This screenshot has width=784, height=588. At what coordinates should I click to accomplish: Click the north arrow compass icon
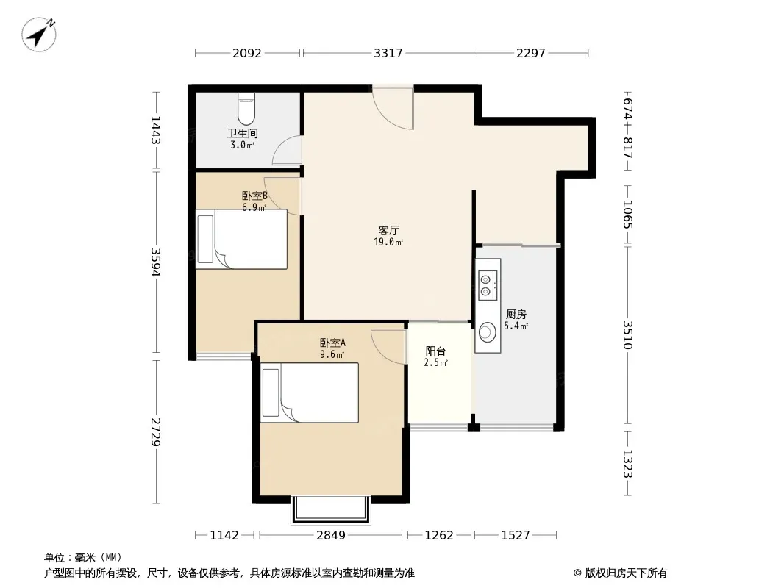click(x=38, y=35)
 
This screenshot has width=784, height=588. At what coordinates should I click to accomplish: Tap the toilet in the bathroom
click(x=246, y=108)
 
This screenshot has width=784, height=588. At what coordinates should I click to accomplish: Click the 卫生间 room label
click(x=243, y=133)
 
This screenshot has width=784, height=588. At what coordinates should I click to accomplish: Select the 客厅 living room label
click(x=388, y=230)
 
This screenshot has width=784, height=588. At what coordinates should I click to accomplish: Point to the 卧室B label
click(x=254, y=196)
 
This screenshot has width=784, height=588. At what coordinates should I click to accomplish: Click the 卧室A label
click(x=332, y=343)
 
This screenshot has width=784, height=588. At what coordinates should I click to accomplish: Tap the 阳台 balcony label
click(x=435, y=351)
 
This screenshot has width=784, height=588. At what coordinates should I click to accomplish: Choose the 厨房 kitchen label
click(x=516, y=315)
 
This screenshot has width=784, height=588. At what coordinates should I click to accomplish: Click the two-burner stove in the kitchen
click(x=488, y=284)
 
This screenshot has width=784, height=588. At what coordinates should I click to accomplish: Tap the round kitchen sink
click(x=487, y=331)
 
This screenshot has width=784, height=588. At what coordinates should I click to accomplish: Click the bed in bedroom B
click(x=241, y=240)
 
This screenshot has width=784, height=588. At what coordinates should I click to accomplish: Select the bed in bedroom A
click(x=310, y=392)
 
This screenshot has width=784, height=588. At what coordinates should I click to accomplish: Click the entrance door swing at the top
click(x=393, y=108)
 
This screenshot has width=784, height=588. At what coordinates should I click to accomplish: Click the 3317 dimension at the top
click(x=388, y=52)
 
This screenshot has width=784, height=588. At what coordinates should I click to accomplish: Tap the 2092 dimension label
click(x=247, y=52)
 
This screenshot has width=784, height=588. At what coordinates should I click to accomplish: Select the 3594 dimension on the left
click(x=155, y=262)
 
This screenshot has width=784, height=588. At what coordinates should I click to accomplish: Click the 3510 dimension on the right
click(x=627, y=335)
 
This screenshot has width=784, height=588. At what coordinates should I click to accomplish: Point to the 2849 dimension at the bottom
click(x=330, y=535)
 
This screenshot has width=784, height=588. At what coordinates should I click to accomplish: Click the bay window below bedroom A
click(x=331, y=510)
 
